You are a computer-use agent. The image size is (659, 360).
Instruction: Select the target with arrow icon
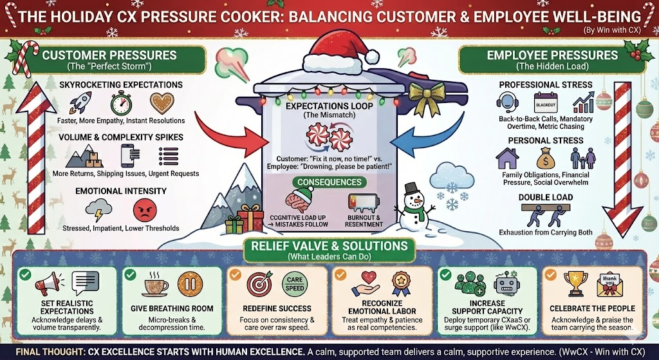click(261, 284)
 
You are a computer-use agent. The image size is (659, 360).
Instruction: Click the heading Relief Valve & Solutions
click(329, 246)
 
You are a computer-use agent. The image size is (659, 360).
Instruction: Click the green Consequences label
click(329, 182)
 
